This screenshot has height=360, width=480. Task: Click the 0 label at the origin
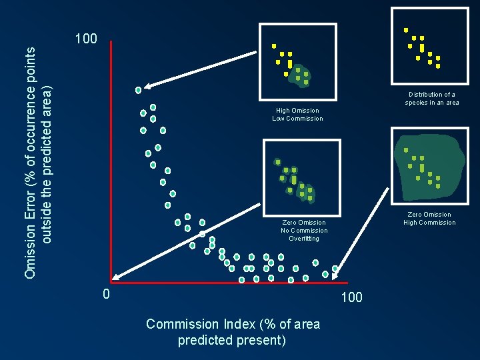(105, 294)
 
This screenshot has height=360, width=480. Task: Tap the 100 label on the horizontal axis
(351, 297)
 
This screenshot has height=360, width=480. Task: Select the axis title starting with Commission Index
(233, 332)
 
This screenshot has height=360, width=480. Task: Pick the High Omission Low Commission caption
(297, 115)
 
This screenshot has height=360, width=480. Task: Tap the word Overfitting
(304, 238)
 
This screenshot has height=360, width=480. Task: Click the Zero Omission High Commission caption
(429, 219)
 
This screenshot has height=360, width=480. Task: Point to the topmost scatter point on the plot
(139, 90)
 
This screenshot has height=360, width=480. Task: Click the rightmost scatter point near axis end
(335, 269)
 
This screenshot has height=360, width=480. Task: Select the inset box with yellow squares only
(429, 46)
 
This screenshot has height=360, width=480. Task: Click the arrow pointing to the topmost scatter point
(200, 70)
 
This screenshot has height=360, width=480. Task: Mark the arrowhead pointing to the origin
(115, 279)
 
